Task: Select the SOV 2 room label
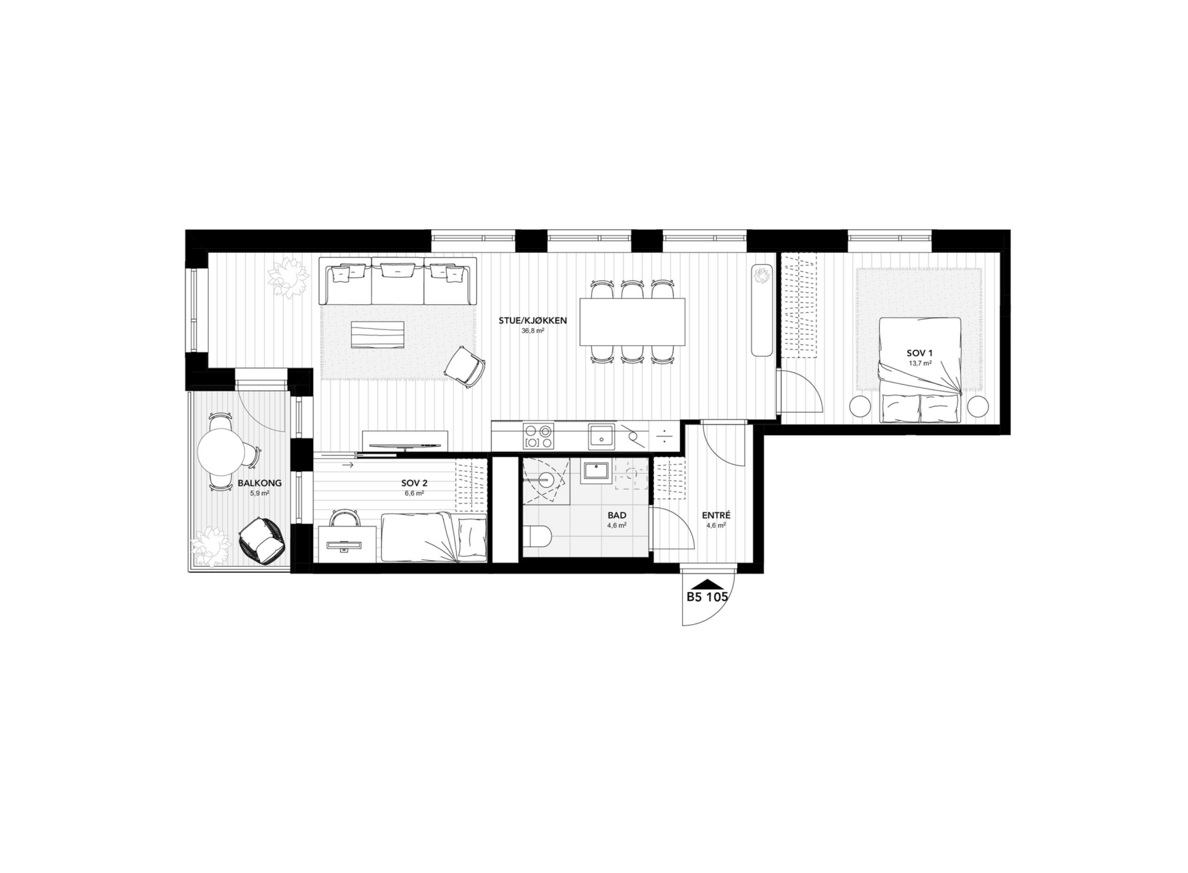414,483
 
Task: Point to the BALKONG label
259,483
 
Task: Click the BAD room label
617,516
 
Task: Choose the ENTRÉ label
716,516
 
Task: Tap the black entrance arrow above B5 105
708,583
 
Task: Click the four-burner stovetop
538,436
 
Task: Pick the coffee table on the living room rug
377,335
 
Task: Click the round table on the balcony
220,451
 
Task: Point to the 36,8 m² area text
533,331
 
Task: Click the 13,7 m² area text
919,364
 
